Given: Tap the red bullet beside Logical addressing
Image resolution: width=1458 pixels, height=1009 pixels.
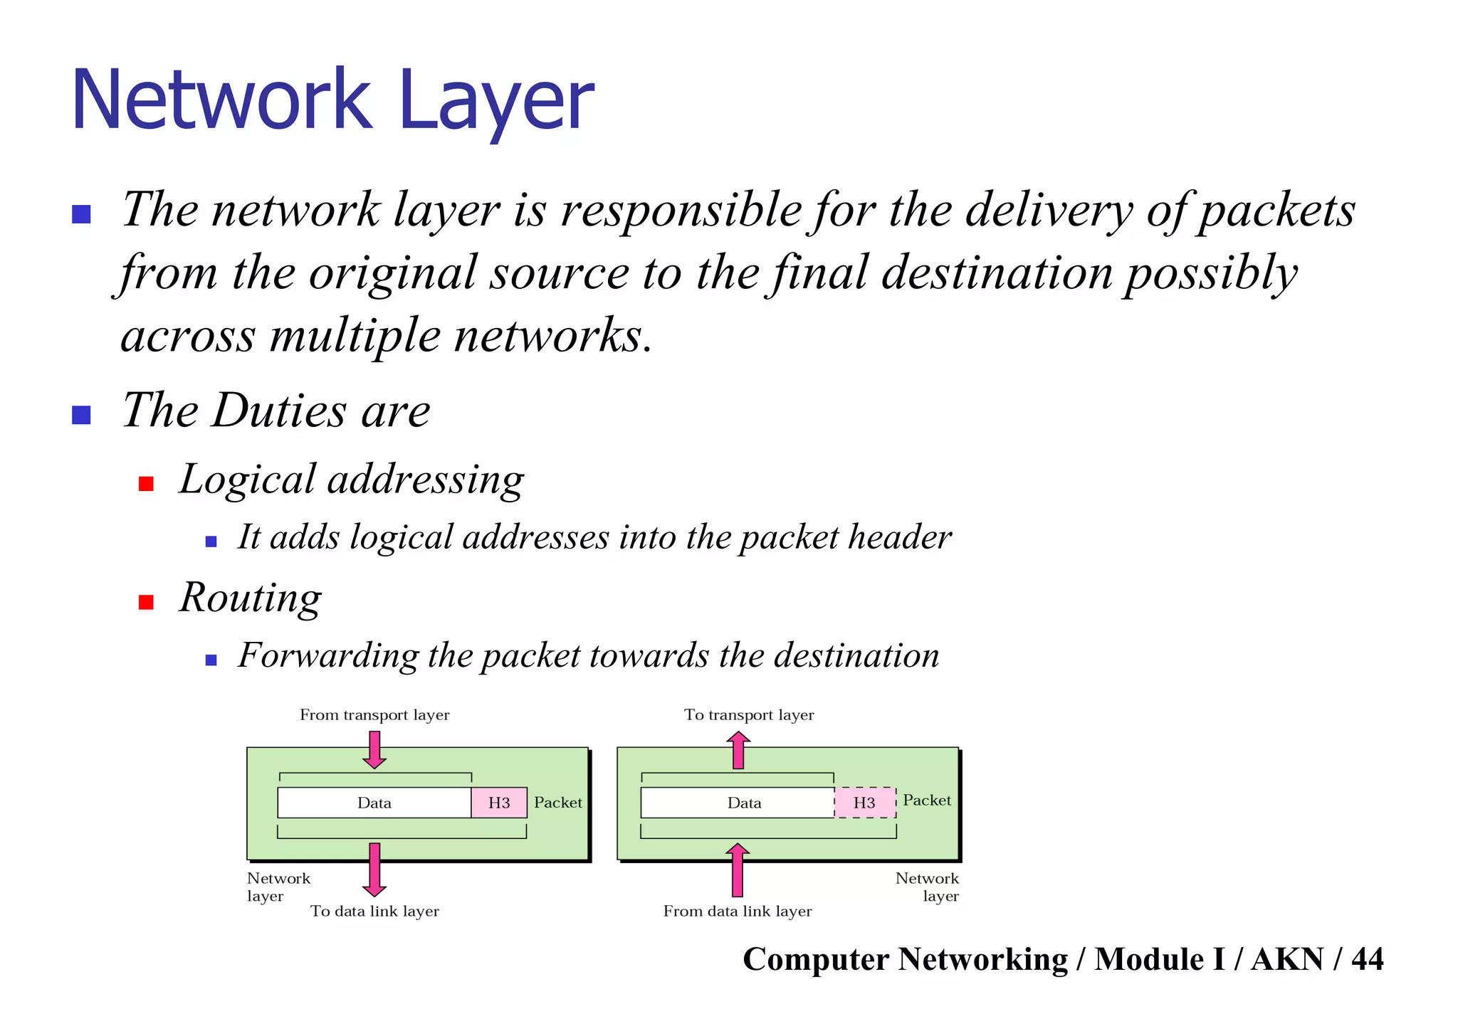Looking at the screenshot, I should [x=146, y=484].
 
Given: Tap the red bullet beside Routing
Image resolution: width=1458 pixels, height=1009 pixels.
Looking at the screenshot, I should [x=146, y=602].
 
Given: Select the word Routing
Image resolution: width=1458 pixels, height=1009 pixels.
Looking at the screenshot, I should [x=251, y=598].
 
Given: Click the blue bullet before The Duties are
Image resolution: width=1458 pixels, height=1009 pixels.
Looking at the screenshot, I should [x=82, y=414].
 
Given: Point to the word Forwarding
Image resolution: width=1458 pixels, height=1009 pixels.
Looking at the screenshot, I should [x=328, y=655].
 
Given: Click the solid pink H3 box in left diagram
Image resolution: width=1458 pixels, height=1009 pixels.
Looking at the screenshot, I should [x=498, y=803].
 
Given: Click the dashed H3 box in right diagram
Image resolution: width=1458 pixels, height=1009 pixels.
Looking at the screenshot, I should [x=864, y=803].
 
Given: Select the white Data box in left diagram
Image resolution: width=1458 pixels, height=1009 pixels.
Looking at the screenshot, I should [x=374, y=803].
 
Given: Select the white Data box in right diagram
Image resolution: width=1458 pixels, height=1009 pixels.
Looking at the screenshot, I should [x=738, y=803].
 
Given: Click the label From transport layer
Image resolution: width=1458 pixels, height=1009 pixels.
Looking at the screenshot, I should [x=374, y=714].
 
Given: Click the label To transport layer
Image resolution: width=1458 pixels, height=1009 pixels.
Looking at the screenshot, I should [x=749, y=714].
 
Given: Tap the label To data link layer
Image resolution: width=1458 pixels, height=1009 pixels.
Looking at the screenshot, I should [x=374, y=911].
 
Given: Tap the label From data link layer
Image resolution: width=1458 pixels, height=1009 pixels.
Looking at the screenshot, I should [x=738, y=911].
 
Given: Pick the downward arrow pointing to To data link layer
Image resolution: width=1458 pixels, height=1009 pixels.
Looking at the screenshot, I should [x=374, y=870].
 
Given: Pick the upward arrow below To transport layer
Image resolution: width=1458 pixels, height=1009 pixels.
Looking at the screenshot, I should [x=738, y=751].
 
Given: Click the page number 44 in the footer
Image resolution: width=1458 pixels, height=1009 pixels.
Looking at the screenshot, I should [x=1367, y=959].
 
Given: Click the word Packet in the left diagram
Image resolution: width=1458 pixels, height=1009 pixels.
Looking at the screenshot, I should [x=557, y=803].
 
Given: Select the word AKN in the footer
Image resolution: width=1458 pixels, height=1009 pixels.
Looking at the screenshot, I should [x=1287, y=959].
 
